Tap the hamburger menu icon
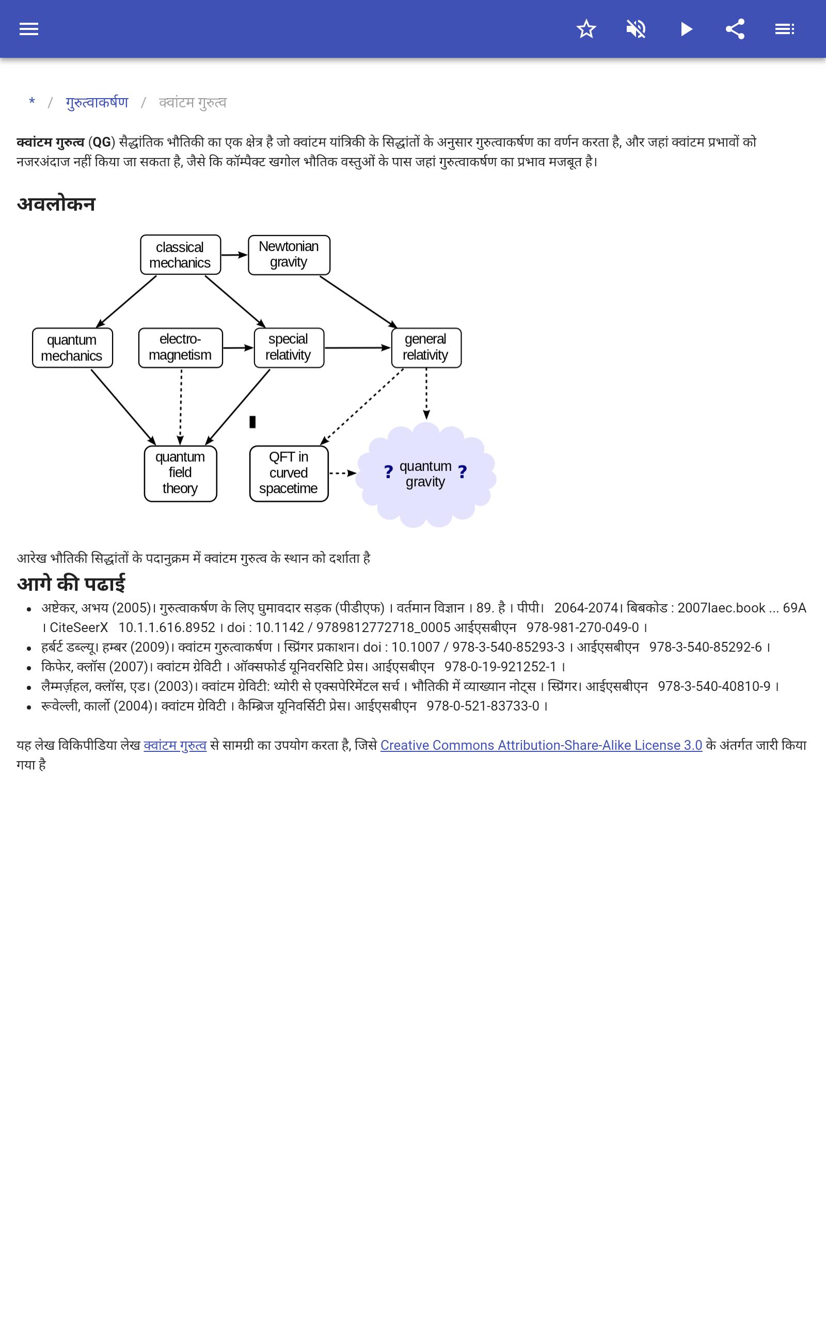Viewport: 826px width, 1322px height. click(x=28, y=29)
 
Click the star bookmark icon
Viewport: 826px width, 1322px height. click(x=586, y=29)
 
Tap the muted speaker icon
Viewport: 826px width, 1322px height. click(x=636, y=29)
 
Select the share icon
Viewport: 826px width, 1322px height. click(x=735, y=29)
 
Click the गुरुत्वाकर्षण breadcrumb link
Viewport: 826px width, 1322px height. click(x=97, y=103)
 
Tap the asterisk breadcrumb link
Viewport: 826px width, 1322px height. click(x=32, y=102)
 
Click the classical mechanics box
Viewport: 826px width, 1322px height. click(x=180, y=255)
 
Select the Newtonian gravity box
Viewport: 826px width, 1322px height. click(x=289, y=255)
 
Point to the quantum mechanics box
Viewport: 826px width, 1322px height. click(x=72, y=348)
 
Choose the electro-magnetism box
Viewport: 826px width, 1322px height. click(x=180, y=348)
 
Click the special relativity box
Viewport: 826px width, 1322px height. click(x=289, y=348)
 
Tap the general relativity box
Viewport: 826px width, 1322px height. click(x=426, y=348)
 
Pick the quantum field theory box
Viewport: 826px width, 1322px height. click(x=180, y=473)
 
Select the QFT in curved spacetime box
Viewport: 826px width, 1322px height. click(x=289, y=473)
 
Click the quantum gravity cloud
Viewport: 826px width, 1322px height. click(x=425, y=474)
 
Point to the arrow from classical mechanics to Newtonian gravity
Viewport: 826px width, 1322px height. click(x=234, y=255)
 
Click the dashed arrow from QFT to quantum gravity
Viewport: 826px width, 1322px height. click(x=342, y=473)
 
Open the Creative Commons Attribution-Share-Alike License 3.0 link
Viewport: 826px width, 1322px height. click(x=541, y=745)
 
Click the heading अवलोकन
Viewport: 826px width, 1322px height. click(x=56, y=204)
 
